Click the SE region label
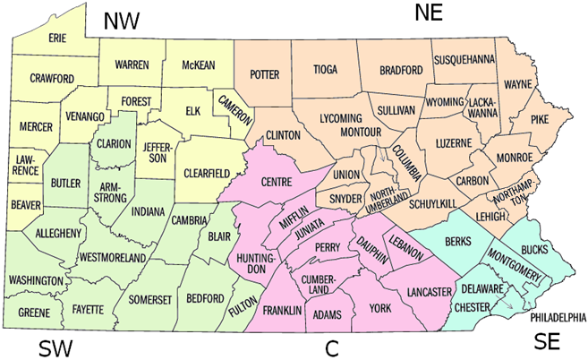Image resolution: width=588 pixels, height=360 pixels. click(x=548, y=340)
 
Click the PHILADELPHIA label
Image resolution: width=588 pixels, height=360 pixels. click(x=557, y=317)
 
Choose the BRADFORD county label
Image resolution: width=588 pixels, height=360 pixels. click(x=400, y=69)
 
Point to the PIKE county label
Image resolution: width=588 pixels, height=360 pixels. click(x=540, y=117)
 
